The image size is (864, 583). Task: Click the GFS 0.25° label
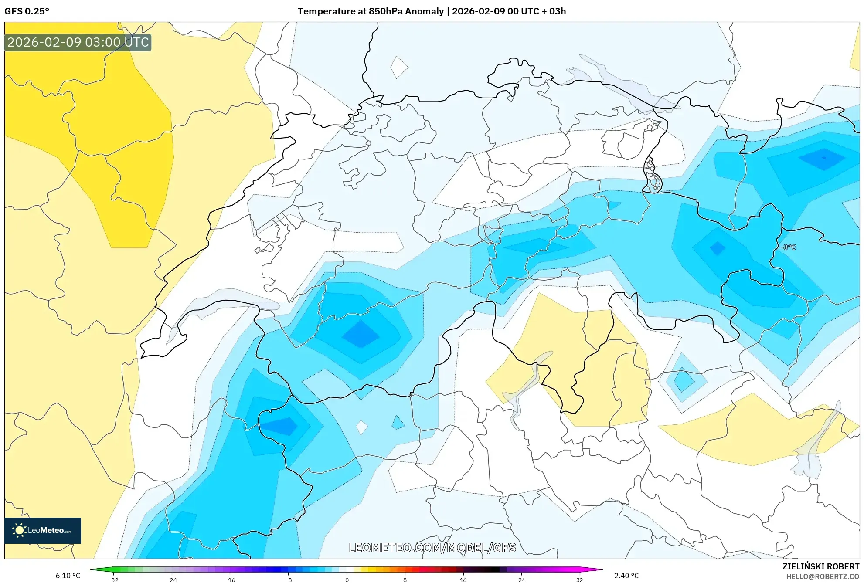(27, 11)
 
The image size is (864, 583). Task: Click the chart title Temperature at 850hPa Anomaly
(371, 11)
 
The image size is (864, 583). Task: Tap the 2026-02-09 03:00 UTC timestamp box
(78, 43)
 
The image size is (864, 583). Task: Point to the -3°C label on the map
(789, 247)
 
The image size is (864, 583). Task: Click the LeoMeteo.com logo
(43, 530)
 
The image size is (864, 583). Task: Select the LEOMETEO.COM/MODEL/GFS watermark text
(432, 548)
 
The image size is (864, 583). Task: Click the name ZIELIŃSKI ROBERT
(820, 566)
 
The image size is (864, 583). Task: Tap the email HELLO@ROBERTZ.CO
(822, 576)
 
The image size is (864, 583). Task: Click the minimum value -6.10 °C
(66, 576)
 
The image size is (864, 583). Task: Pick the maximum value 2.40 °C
(626, 576)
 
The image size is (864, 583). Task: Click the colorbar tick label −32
(113, 580)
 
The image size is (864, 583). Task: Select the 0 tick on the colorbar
(347, 580)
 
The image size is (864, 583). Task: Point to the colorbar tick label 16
(463, 580)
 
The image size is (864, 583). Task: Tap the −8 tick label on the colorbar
(288, 580)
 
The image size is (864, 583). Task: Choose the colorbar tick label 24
(521, 580)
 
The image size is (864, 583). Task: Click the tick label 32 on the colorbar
(579, 580)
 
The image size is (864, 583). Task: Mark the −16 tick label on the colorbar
(230, 580)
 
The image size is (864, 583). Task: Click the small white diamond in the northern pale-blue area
(398, 68)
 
